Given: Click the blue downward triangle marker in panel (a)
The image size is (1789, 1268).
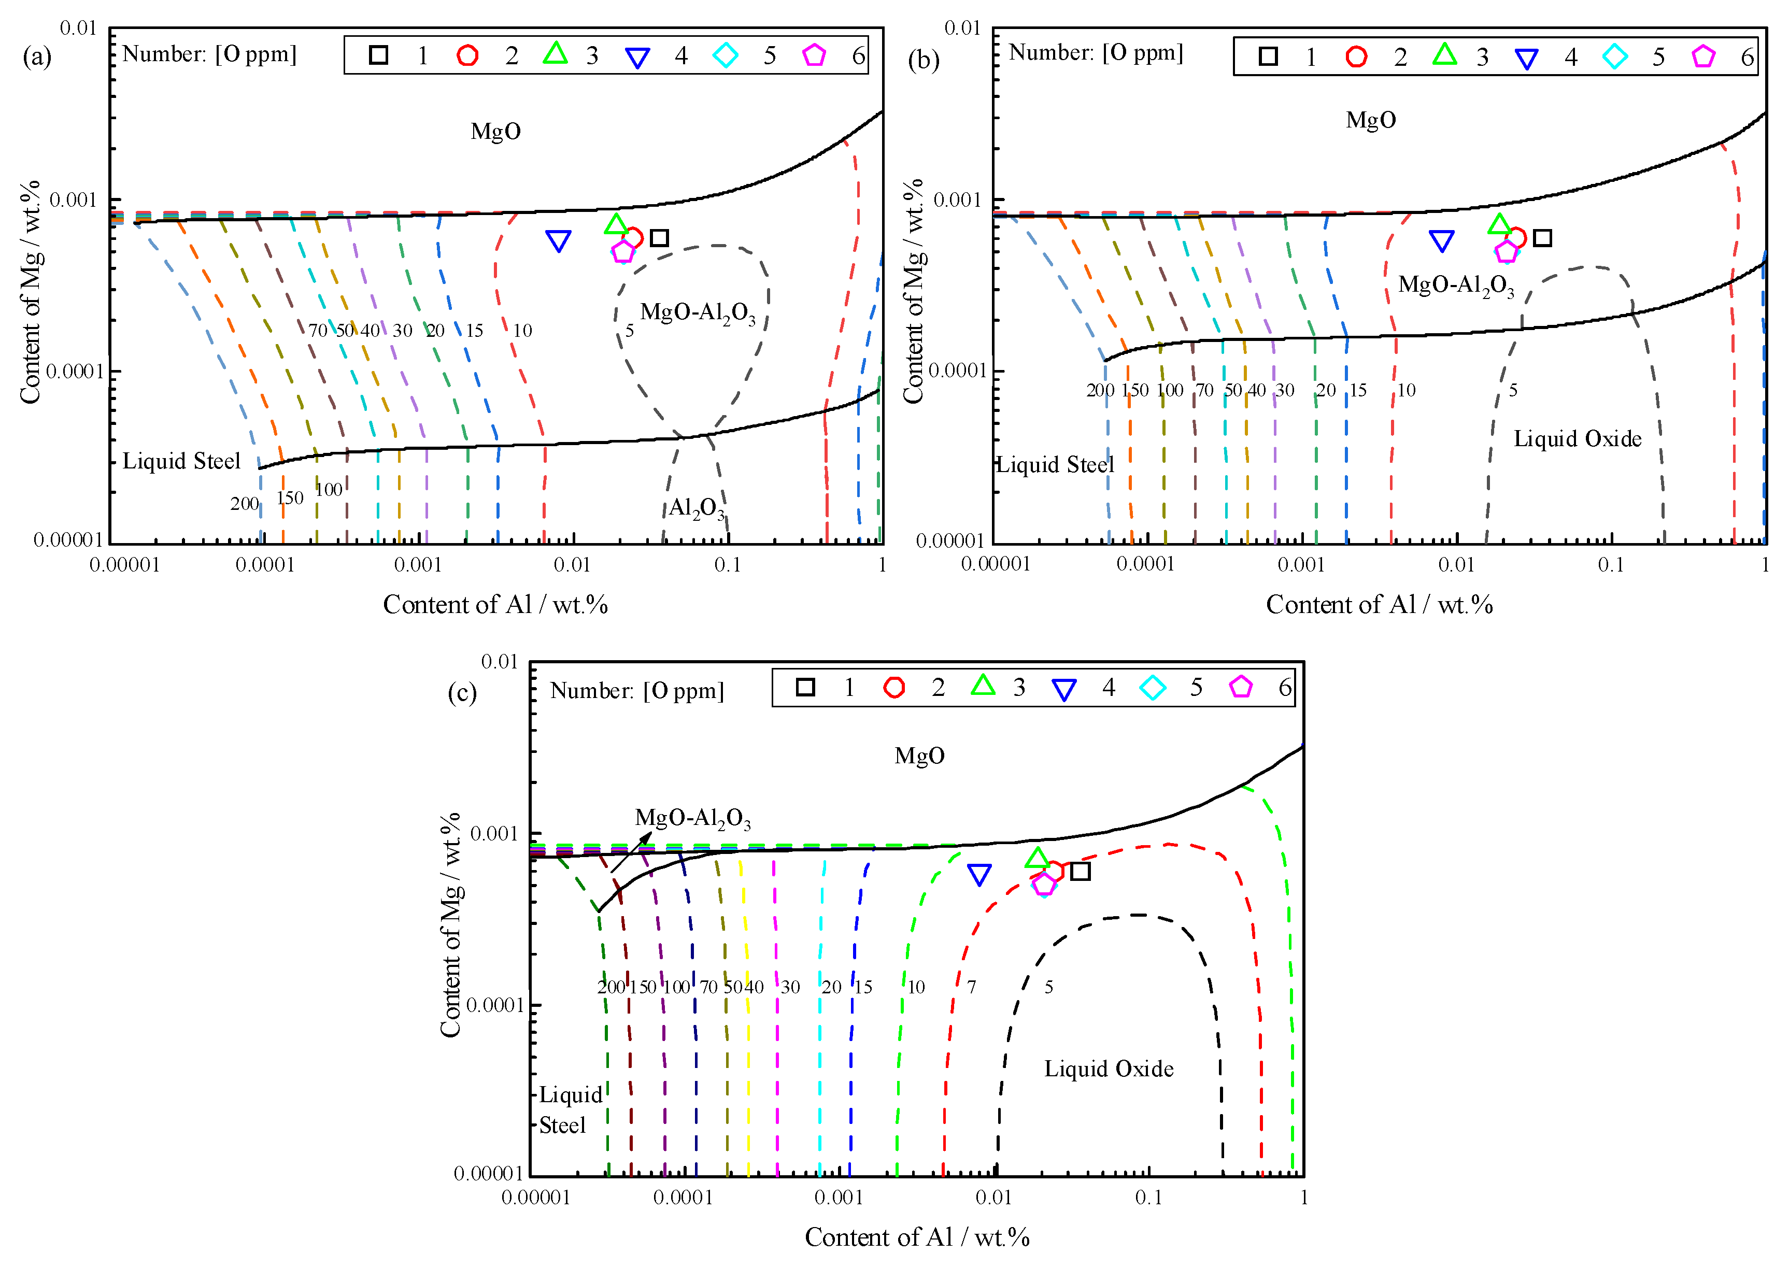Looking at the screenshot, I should point(558,240).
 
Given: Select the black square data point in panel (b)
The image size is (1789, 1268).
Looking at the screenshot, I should point(1541,237).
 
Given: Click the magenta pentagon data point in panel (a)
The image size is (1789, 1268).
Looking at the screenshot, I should point(622,251).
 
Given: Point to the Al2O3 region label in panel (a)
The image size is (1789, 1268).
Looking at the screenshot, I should point(696,508).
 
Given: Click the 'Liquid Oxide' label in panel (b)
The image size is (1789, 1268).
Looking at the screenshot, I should point(1578,439).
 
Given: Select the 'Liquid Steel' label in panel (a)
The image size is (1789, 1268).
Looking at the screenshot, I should point(181,462).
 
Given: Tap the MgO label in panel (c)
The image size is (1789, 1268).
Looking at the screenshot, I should point(919,756).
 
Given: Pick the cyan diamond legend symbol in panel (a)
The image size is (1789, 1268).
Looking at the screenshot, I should point(726,55).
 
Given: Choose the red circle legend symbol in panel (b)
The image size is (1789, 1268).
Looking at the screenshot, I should point(1356,56).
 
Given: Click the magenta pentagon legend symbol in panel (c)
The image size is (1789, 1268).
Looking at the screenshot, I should point(1241,687).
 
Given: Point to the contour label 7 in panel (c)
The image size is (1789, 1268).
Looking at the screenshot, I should point(971,987).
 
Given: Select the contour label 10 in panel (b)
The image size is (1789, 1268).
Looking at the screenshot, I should point(1405,390).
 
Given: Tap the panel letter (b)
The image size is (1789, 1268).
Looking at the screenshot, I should point(923,60).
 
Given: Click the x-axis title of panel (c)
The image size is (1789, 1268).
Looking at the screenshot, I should point(917,1237).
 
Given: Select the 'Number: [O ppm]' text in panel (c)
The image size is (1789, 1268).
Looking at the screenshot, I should point(636,691).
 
